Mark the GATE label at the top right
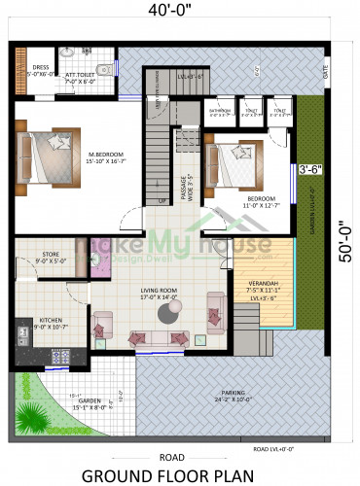click(x=326, y=72)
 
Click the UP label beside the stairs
click(x=162, y=201)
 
